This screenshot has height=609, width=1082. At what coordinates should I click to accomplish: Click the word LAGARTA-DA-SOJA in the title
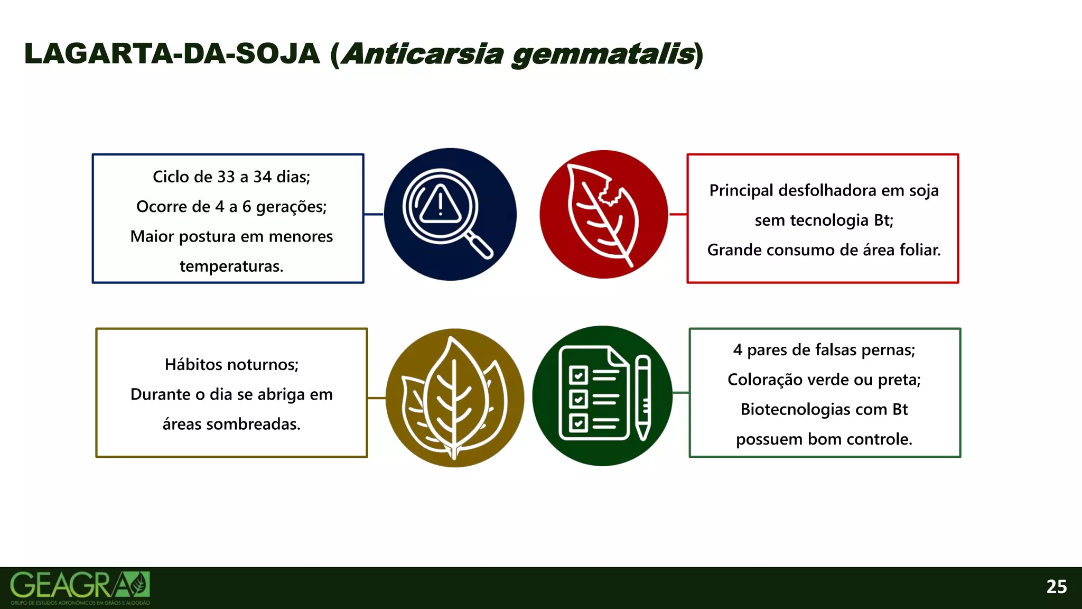coord(172,54)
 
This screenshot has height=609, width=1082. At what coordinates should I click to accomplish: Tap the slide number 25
coord(1056,587)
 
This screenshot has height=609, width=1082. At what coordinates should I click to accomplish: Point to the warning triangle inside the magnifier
coord(440,205)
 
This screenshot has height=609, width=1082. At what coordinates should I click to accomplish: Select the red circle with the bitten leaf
coord(604,214)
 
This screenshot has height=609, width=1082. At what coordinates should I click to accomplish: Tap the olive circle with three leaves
coord(454,398)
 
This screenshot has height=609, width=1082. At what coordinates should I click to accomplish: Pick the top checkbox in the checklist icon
coord(578,375)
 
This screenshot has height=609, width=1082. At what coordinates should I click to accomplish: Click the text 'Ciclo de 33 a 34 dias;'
coord(231,177)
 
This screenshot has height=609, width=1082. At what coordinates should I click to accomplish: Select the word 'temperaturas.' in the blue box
coord(231,266)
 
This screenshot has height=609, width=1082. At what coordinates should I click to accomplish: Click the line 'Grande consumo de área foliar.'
coord(824,250)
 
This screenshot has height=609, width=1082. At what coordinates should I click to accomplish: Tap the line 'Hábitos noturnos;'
coord(231,364)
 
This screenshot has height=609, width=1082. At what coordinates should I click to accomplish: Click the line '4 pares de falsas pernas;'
coord(824,350)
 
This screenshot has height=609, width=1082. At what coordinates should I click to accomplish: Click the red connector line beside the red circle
coord(678,214)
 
